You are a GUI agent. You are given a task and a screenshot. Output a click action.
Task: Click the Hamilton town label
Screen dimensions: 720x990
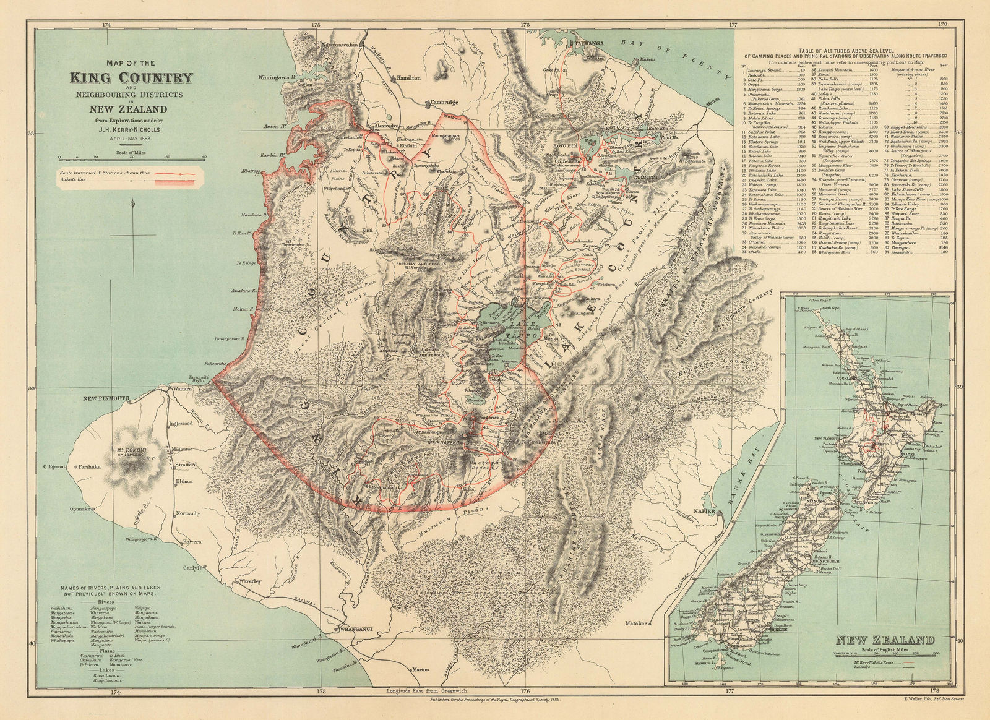(x=408, y=79)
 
